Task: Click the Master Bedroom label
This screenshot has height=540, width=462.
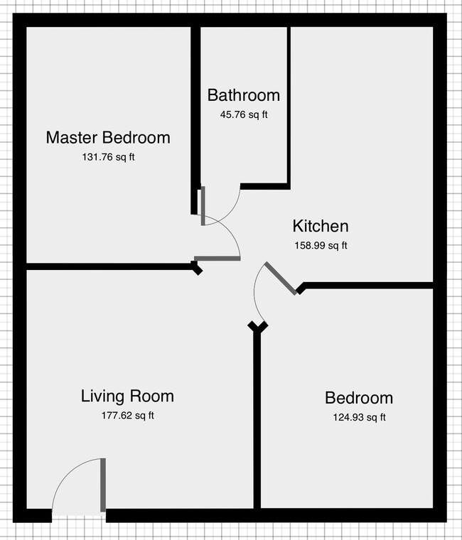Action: coord(108,137)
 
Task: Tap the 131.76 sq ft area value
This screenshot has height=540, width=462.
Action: coord(108,157)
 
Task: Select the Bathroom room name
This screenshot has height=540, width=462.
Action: coord(243,95)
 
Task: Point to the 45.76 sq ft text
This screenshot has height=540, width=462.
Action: coord(243,114)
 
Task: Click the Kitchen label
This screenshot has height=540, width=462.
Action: coord(321,227)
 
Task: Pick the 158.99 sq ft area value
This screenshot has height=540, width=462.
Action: coord(321,246)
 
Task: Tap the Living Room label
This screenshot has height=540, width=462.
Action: coord(127,396)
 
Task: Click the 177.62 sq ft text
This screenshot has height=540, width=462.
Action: coord(127,416)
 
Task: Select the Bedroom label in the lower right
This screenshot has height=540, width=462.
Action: coord(358,398)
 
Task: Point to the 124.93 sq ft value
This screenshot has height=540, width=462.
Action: coord(358,417)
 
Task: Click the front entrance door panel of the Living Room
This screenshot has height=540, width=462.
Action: coord(103,485)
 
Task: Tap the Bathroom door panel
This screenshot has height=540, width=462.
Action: coord(203,206)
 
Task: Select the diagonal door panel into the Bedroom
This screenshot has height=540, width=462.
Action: coord(281,279)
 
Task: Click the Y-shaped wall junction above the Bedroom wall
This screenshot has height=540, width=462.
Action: coord(257,327)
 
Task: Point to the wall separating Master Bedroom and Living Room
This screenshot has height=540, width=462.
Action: coord(107,267)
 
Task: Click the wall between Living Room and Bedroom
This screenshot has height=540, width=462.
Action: coord(257,419)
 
